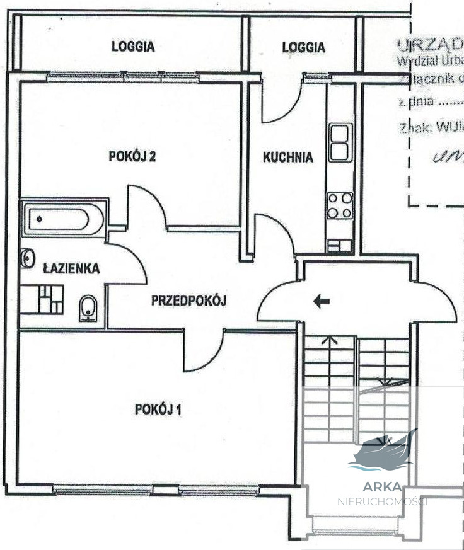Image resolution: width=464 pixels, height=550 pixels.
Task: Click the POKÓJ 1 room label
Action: pyautogui.click(x=158, y=410)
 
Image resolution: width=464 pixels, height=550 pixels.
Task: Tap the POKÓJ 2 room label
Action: pyautogui.click(x=132, y=157)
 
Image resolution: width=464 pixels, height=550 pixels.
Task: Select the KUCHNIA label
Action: pyautogui.click(x=287, y=158)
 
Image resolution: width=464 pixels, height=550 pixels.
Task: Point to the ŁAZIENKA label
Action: pyautogui.click(x=71, y=269)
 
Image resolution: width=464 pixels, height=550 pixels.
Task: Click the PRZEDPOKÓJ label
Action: pyautogui.click(x=188, y=301)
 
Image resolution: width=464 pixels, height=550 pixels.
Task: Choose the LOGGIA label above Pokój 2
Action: pyautogui.click(x=133, y=46)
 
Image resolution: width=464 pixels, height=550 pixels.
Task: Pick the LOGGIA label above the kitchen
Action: pyautogui.click(x=303, y=47)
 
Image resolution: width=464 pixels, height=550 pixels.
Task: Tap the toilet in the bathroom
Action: pyautogui.click(x=88, y=309)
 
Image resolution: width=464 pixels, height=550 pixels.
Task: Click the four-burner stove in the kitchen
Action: pyautogui.click(x=340, y=205)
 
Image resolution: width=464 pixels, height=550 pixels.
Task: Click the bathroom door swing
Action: pyautogui.click(x=129, y=258)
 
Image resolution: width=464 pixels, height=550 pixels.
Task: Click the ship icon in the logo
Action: pyautogui.click(x=382, y=452)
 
